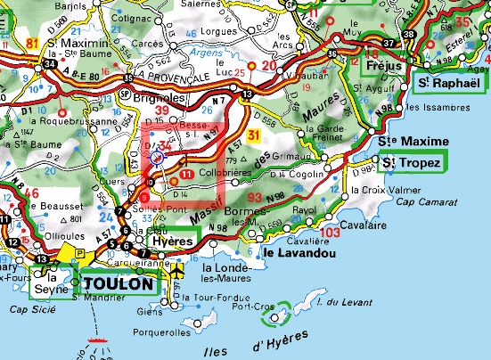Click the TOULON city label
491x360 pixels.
pos(120,283)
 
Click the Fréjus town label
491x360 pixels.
pos(386,67)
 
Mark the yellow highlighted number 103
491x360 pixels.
pos(329,232)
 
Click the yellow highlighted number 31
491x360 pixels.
pos(255,135)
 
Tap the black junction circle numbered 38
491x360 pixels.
pos(409,35)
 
